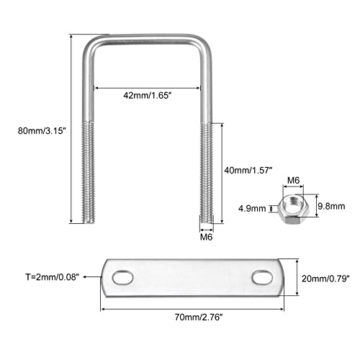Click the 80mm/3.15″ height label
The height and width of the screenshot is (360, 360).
click(42, 131)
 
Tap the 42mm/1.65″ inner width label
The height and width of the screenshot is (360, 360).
click(148, 96)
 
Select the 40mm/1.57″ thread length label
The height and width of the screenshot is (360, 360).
click(248, 171)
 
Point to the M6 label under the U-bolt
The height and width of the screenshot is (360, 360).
click(207, 237)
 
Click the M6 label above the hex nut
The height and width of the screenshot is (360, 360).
click(294, 180)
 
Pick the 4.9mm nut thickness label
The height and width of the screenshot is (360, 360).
click(252, 209)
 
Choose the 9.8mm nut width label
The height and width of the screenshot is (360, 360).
click(331, 206)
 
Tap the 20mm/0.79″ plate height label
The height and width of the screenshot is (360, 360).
click(325, 279)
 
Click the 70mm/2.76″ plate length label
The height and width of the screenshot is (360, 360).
click(199, 318)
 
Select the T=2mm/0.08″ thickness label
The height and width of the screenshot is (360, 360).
click(53, 277)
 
